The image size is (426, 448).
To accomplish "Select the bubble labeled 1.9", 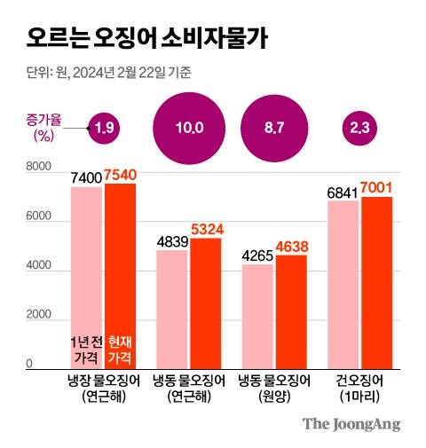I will click(104, 128).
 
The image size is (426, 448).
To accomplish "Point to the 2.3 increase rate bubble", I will click(360, 128).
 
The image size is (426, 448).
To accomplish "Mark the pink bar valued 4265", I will click(257, 315).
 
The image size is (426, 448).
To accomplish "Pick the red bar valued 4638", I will click(291, 310).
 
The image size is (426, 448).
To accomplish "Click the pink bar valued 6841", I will click(343, 283).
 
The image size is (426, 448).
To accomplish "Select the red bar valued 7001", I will click(376, 281).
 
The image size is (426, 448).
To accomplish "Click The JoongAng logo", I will click(351, 424).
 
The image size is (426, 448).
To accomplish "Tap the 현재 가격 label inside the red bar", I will click(119, 349).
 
